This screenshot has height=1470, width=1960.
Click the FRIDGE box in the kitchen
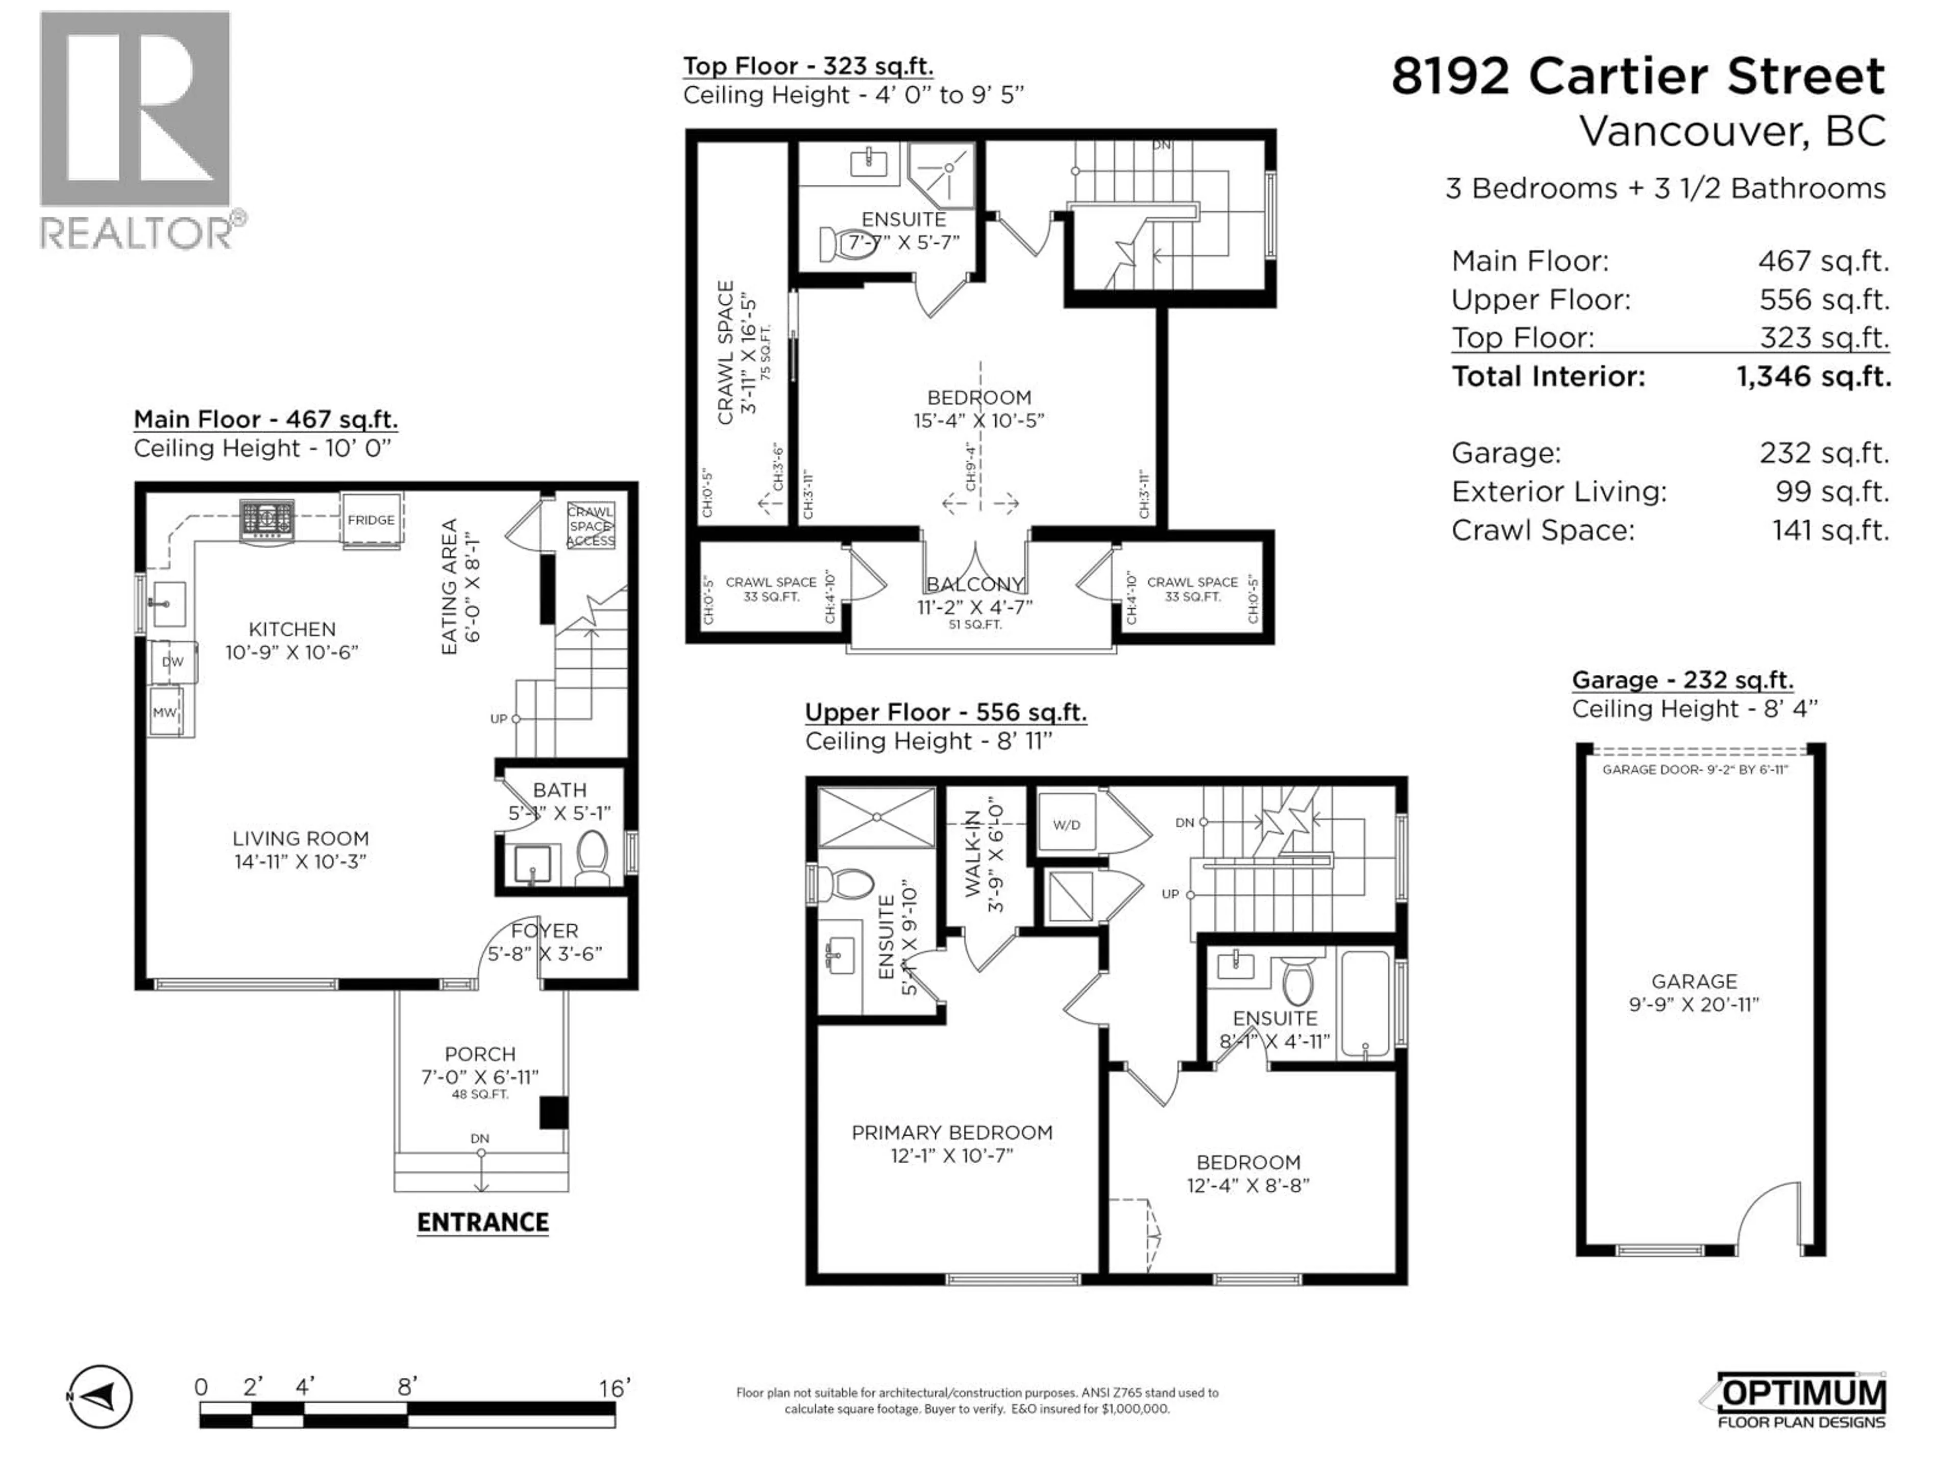pyautogui.click(x=371, y=520)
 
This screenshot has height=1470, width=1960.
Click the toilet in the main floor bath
pyautogui.click(x=592, y=856)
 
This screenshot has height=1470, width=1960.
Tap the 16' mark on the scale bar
pyautogui.click(x=614, y=1388)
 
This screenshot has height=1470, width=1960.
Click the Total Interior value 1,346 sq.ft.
pyautogui.click(x=1813, y=377)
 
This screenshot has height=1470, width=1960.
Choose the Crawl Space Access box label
pyautogui.click(x=590, y=526)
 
